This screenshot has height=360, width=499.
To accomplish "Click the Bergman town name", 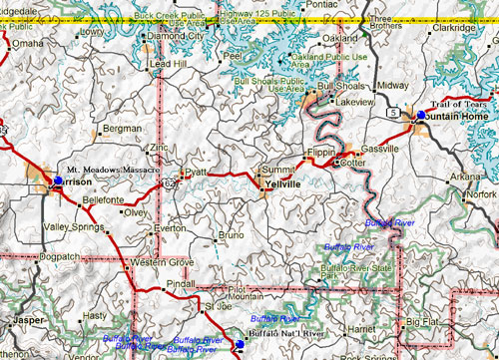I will click(123, 130).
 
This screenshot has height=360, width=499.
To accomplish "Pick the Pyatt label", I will click(196, 172).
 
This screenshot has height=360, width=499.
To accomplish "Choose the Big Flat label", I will click(422, 322).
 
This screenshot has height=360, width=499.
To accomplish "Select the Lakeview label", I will click(354, 102).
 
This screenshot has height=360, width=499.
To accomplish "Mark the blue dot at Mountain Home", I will click(420, 117).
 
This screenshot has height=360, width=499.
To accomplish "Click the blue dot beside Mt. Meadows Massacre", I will click(58, 180).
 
